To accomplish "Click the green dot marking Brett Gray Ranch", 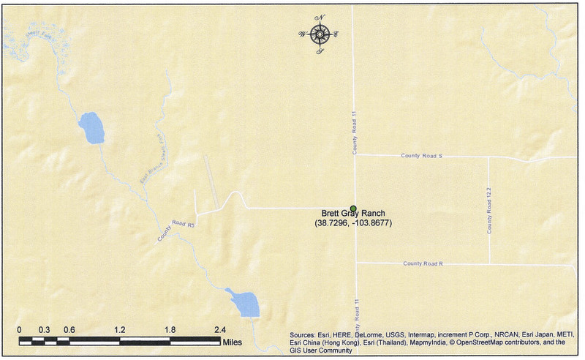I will tap(353, 209).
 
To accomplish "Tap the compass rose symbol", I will tap(320, 34).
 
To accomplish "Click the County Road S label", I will tap(422, 156).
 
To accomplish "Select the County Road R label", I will tap(423, 263).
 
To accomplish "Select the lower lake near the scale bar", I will tap(244, 302).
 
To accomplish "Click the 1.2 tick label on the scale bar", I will tap(119, 330).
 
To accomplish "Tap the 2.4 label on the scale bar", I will tap(220, 330).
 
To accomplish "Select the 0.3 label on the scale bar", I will tap(44, 330).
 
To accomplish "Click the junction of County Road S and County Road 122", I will tap(488, 157).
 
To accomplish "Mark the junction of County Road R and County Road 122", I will tap(488, 263).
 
